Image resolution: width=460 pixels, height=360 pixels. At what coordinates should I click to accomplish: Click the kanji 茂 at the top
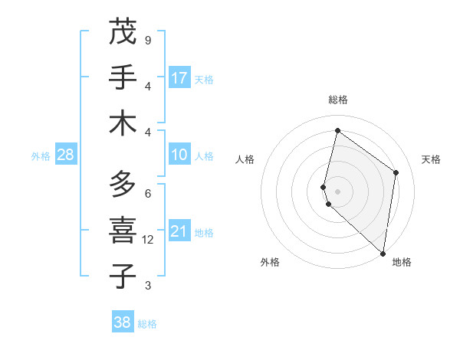tap(123, 32)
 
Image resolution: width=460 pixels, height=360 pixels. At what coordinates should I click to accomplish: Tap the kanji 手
tap(123, 78)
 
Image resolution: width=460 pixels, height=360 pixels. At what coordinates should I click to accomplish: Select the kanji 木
tap(123, 123)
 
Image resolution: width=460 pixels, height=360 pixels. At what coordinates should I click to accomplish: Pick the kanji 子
tap(123, 276)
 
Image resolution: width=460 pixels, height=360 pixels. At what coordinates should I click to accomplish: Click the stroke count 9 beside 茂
tap(147, 40)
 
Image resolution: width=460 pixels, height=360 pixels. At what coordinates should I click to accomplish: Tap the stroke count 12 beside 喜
tap(148, 240)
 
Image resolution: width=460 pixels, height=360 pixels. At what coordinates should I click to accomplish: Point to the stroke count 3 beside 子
tap(147, 286)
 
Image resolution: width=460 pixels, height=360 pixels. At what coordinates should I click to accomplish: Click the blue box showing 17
tap(179, 78)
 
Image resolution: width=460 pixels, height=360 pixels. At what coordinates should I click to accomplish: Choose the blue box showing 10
tap(179, 155)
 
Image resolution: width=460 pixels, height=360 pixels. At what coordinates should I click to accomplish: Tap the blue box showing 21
tap(179, 231)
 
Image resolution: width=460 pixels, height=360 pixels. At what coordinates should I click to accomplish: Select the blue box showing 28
tap(66, 155)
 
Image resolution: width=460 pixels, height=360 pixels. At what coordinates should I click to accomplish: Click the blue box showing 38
tap(123, 322)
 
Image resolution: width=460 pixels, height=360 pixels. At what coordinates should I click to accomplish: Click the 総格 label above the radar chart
tap(337, 100)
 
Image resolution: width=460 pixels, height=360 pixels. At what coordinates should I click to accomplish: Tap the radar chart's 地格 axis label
tap(402, 262)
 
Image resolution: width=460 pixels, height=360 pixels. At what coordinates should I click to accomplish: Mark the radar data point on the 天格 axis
tap(396, 172)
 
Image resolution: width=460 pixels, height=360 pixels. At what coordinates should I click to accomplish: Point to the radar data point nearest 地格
tap(383, 254)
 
